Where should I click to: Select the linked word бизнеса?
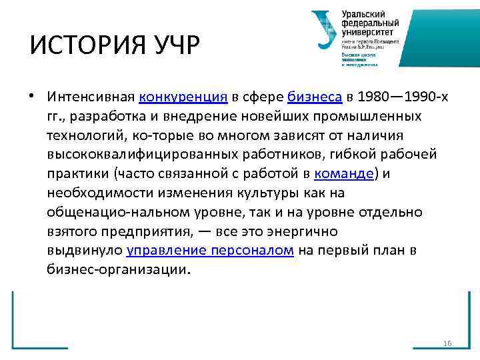315,97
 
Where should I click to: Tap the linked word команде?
344,174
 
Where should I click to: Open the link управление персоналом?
211,251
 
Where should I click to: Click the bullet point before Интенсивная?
32,97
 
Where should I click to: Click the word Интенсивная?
91,97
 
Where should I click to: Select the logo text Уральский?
363,14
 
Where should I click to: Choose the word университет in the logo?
369,31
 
